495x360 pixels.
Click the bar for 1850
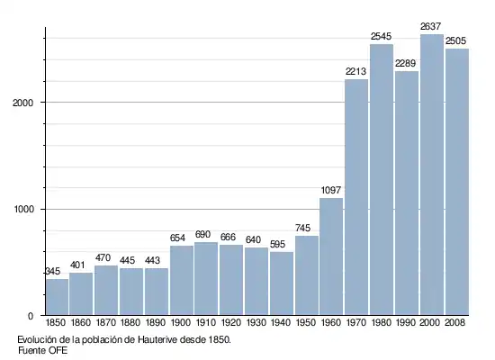[57, 297]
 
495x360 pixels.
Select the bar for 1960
[331, 256]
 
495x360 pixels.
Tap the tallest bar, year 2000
[432, 175]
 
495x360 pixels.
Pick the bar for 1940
[282, 283]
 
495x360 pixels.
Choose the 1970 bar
[356, 197]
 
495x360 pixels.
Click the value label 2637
[430, 26]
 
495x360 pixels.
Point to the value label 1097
[331, 190]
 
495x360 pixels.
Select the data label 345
[53, 271]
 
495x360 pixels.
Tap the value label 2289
[405, 64]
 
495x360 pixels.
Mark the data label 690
[202, 234]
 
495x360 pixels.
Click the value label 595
[277, 244]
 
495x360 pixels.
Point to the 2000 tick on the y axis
[22, 103]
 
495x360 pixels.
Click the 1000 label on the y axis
[23, 210]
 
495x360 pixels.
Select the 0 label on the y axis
[31, 316]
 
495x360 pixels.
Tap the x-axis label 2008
[454, 322]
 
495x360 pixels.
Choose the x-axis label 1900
[181, 322]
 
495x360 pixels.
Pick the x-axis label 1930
[256, 322]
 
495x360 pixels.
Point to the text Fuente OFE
[42, 350]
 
